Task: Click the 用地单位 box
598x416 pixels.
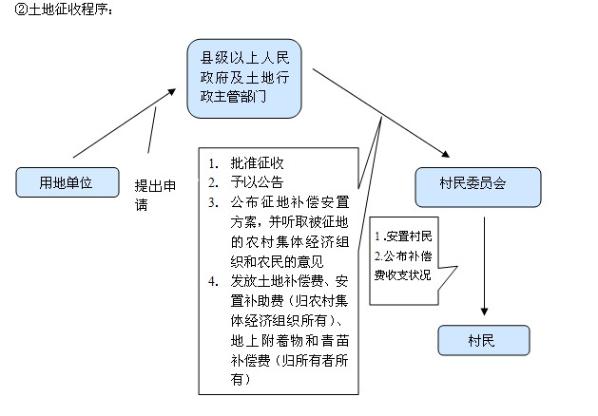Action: tap(66, 181)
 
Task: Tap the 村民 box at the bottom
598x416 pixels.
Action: tap(481, 340)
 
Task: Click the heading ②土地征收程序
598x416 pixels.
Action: tap(65, 10)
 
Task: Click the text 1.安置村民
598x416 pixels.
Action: tap(403, 235)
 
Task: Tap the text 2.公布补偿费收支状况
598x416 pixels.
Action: tap(403, 266)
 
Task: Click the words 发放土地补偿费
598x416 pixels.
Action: tap(276, 281)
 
